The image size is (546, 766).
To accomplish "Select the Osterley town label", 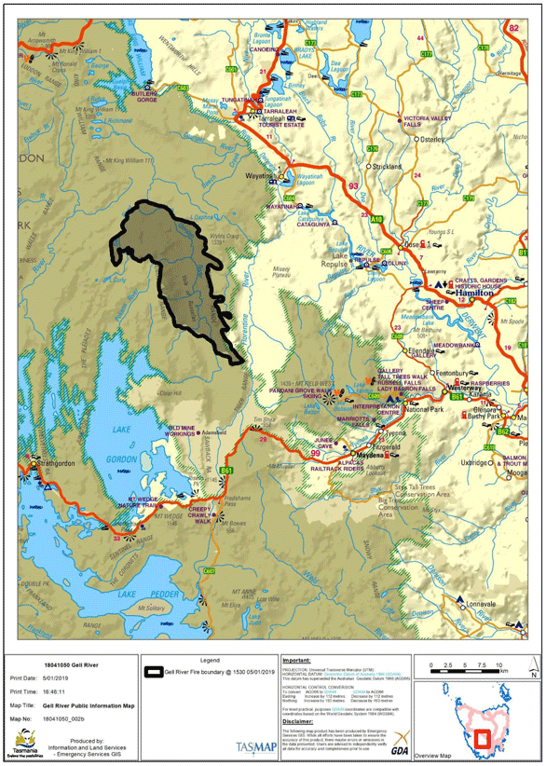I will (434, 140).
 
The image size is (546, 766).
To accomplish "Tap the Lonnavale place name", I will (483, 604).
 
